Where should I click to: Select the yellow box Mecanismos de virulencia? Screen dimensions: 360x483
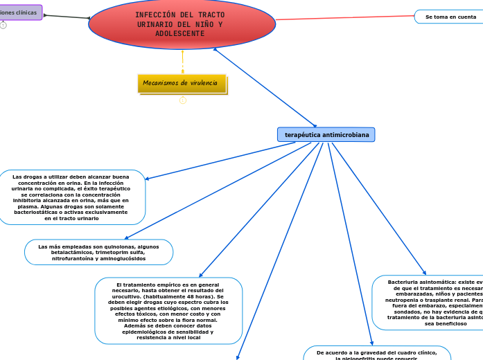[182, 84]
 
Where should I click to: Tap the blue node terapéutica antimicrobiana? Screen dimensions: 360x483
[326, 134]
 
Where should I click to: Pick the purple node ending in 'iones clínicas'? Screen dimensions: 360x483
[21, 12]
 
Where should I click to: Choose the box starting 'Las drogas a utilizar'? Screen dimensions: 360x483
[71, 197]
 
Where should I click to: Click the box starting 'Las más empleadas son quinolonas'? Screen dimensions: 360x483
[98, 252]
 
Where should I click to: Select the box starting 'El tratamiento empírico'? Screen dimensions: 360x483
[168, 310]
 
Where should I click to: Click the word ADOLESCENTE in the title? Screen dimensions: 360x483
[179, 34]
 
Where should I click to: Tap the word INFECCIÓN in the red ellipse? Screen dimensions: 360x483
[151, 15]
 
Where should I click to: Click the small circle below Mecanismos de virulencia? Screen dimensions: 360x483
[183, 100]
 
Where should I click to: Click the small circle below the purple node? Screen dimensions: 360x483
[3, 26]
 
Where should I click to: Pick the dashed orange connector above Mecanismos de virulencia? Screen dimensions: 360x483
[183, 62]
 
